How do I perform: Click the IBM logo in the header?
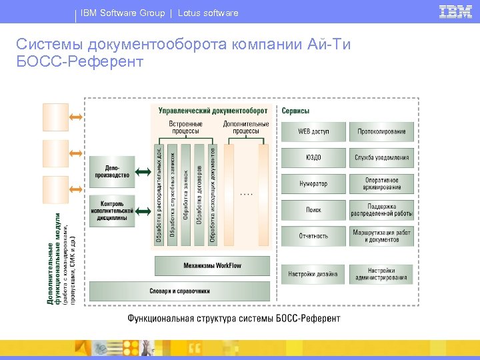pos(455,11)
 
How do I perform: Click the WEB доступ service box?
pos(313,131)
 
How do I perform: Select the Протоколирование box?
pos(382,131)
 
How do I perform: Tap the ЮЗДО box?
pos(313,157)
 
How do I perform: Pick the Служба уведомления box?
pos(382,157)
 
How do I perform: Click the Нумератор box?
pos(313,183)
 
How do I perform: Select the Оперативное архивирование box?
pos(382,183)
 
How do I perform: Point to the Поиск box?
pos(313,210)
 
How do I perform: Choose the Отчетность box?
pos(313,236)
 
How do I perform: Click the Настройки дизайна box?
pos(313,273)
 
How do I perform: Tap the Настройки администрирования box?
pos(382,273)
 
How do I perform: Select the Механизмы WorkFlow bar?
pos(213,265)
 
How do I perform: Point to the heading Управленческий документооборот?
pos(213,110)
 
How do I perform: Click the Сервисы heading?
pos(295,110)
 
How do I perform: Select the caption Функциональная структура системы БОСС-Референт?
pos(234,318)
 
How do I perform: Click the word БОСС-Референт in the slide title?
pos(80,62)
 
